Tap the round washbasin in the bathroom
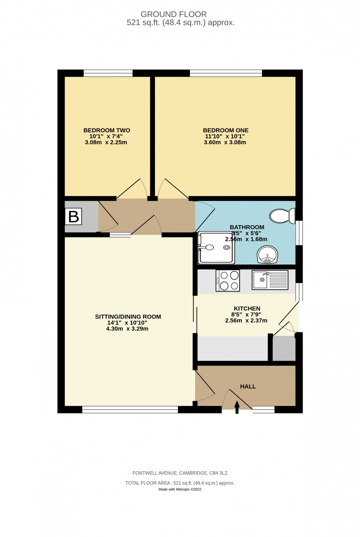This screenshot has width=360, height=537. pos(268,255)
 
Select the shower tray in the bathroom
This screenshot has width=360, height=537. pos(216,248)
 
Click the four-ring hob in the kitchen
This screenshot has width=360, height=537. pos(228,280)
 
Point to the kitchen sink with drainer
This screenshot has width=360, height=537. pos(270,280)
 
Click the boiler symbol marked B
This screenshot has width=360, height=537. pos(73,217)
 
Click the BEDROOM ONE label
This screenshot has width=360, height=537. pos(226,130)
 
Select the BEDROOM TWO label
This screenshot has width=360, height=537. pos(107,130)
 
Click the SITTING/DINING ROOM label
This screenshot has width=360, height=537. pos(128,317)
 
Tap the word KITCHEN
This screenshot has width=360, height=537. pos(247,309)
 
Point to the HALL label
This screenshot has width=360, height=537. pos(248,386)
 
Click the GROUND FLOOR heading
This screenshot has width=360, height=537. pos(174,14)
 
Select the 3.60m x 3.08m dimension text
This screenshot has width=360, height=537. pos(225,142)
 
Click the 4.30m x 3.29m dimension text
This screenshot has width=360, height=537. pos(127,329)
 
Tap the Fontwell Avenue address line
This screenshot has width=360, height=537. pos(180,473)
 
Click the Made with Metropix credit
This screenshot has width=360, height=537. pos(180,489)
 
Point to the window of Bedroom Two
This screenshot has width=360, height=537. pos(108,73)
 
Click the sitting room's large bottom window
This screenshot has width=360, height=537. pos(130,410)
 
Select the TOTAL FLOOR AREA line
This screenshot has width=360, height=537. pos(180,483)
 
